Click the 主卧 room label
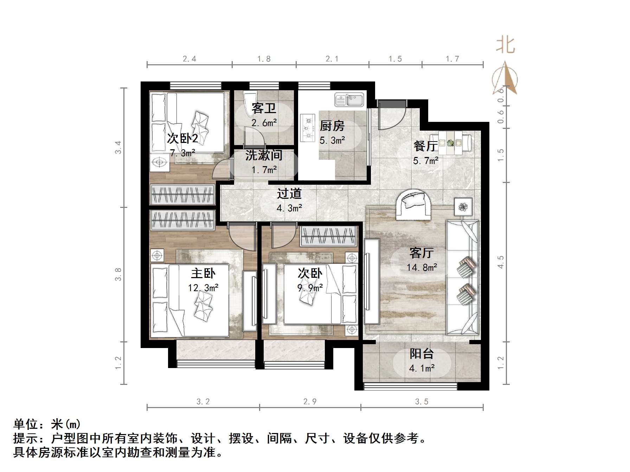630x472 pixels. (203, 273)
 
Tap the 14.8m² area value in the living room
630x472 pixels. (422, 268)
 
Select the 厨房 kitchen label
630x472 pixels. (332, 126)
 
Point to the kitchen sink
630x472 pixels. (349, 100)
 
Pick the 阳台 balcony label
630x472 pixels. (422, 354)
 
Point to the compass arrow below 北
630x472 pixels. (505, 79)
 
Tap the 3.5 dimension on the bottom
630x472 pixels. (422, 401)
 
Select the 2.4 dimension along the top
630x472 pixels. (189, 59)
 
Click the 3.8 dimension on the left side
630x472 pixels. (118, 274)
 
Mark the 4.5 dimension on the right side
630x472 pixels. (501, 262)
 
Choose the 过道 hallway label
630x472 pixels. (289, 194)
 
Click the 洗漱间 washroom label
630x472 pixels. (264, 155)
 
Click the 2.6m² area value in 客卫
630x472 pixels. (264, 123)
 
